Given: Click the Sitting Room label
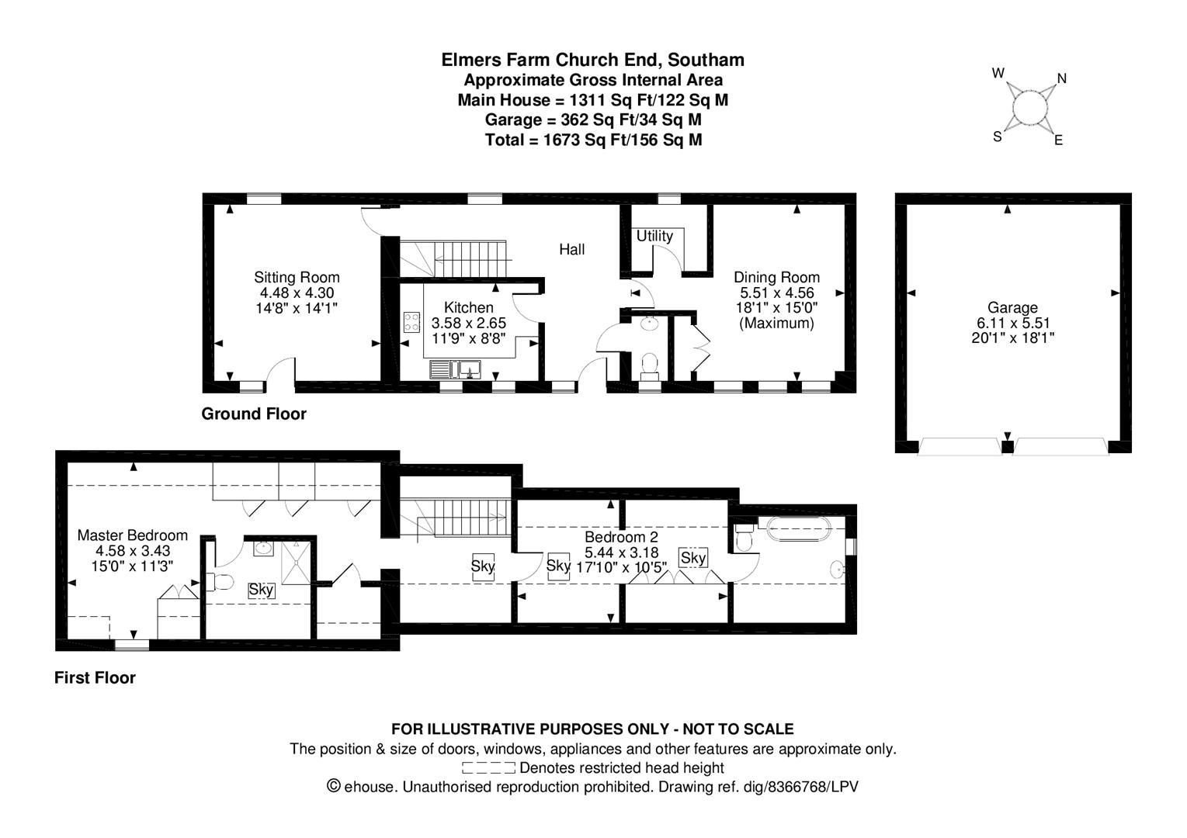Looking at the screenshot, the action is click(297, 277).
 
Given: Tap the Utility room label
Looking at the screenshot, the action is click(654, 236).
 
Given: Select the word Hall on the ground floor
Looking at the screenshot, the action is click(572, 250).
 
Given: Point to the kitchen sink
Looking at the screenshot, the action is click(455, 369).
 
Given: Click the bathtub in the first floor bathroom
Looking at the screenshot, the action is click(799, 528).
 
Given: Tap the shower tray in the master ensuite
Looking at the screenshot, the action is click(296, 563).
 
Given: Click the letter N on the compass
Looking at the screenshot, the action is click(1061, 79).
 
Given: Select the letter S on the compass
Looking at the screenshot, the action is click(998, 137).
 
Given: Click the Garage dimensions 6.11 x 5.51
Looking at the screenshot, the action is click(1012, 323).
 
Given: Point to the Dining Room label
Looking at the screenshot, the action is click(776, 277).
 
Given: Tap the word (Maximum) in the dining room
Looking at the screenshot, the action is click(776, 323).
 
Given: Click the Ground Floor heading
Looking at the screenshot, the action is click(254, 414).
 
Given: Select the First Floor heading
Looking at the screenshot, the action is click(95, 677).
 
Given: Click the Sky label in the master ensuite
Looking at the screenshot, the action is click(262, 590).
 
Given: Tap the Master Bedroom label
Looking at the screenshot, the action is click(133, 535).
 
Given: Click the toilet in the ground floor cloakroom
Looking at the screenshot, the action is click(649, 366).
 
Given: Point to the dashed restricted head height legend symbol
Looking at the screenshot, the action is click(488, 767).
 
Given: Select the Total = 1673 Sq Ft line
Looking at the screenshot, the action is click(593, 140).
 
